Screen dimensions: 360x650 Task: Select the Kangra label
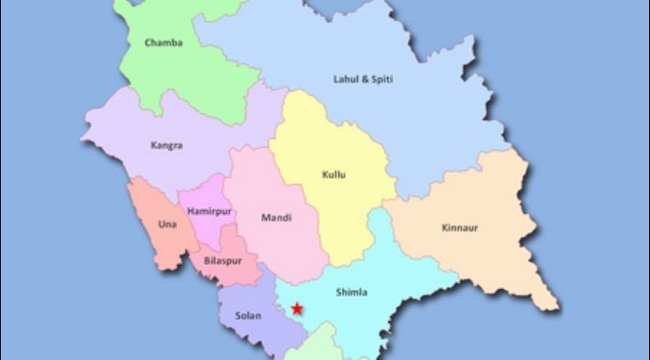coord(166,146)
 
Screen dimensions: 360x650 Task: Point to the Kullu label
coord(333,175)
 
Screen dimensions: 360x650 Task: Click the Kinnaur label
coord(459,228)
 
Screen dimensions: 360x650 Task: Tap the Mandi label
coord(277,218)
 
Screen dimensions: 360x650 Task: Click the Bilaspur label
coord(223,261)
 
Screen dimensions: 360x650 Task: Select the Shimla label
coord(351,292)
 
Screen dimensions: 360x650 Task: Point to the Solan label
coord(248,314)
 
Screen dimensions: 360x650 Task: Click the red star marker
coord(298,309)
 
